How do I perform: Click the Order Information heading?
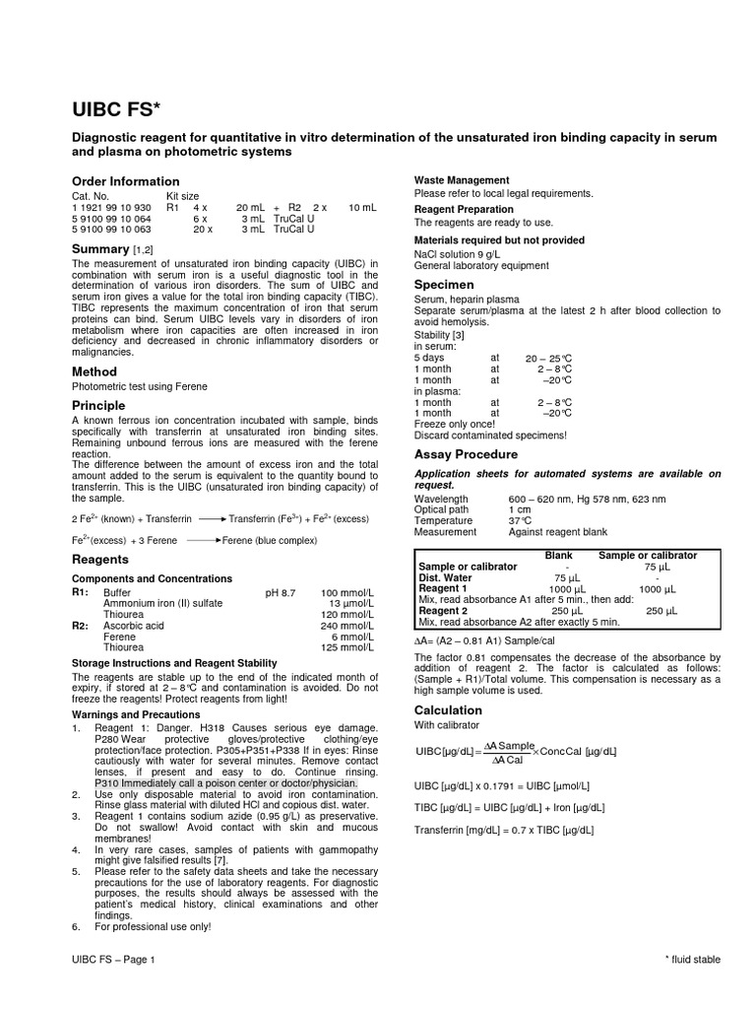point(126,181)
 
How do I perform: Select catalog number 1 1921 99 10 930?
point(111,208)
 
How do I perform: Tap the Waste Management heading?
point(462,180)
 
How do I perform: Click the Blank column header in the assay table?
point(558,556)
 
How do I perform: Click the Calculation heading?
point(448,710)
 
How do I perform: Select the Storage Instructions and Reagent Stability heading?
point(174,663)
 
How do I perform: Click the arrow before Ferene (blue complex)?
point(201,540)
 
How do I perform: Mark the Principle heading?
point(98,405)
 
